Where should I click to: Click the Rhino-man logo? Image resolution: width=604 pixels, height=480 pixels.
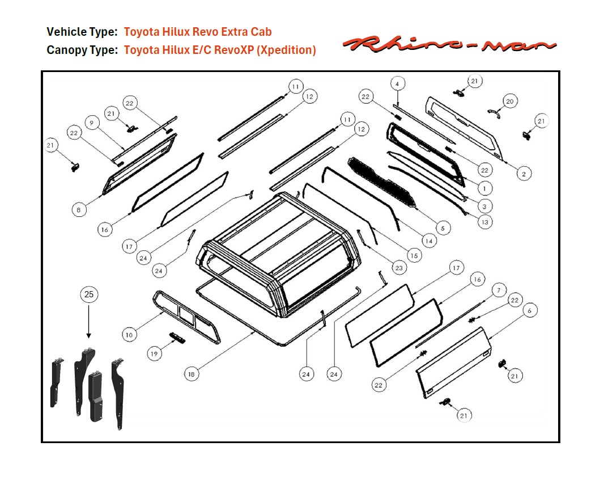click(x=450, y=44)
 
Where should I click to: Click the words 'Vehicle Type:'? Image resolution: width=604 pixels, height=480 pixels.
click(x=82, y=32)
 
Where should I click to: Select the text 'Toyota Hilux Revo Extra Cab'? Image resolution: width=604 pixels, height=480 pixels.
click(x=198, y=32)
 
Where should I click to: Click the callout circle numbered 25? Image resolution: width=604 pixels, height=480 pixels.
click(x=89, y=294)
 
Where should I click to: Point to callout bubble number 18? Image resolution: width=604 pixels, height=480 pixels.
click(x=192, y=373)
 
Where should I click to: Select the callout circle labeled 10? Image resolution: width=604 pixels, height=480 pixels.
click(x=129, y=335)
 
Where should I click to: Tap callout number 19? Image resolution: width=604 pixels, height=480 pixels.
click(x=154, y=353)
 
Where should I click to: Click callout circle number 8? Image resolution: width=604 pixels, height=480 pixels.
click(x=79, y=210)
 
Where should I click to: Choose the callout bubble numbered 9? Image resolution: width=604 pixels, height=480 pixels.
click(x=92, y=123)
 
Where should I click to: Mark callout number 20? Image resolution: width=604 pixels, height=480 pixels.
click(x=509, y=101)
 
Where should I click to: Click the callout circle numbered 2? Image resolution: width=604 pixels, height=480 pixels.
click(x=524, y=174)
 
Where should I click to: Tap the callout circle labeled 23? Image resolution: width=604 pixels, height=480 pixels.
click(x=398, y=267)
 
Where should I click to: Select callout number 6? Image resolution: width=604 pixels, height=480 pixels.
click(x=529, y=310)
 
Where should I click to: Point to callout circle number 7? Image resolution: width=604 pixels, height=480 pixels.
click(x=498, y=290)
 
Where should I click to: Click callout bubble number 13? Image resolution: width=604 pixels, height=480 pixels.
click(x=484, y=222)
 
